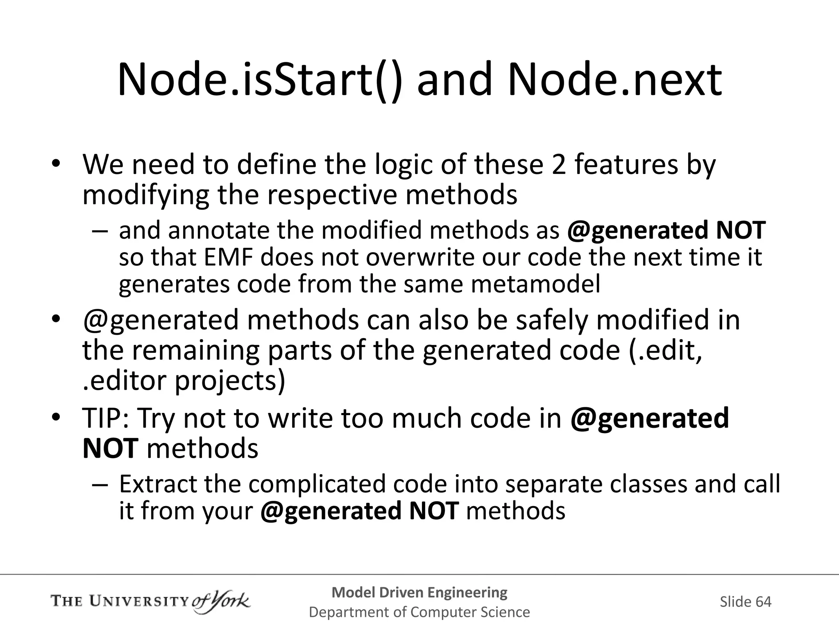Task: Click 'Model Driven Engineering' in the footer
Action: point(419,592)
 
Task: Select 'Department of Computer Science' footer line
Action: point(419,612)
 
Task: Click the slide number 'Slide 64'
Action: point(745,602)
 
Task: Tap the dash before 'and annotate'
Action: point(100,231)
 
